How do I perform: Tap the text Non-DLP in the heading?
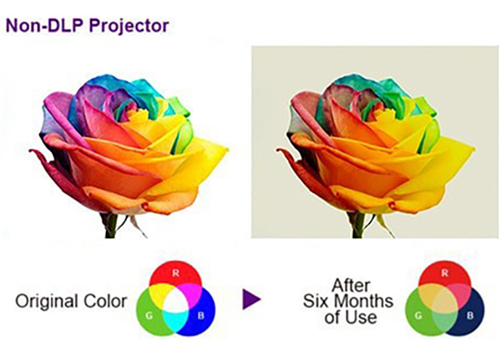click(x=46, y=25)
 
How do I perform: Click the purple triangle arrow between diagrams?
click(x=251, y=299)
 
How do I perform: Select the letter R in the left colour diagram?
click(x=175, y=273)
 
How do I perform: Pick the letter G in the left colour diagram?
click(x=149, y=316)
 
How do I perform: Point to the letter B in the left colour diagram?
click(x=201, y=316)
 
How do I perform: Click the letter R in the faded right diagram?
click(x=445, y=273)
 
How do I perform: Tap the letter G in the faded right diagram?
click(x=418, y=316)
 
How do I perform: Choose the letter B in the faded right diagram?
click(x=470, y=316)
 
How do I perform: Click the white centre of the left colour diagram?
click(x=175, y=300)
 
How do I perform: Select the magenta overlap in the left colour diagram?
click(x=194, y=292)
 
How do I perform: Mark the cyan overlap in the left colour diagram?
click(x=175, y=322)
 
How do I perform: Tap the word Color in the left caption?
click(x=105, y=302)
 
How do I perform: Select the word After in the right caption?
click(x=351, y=285)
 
